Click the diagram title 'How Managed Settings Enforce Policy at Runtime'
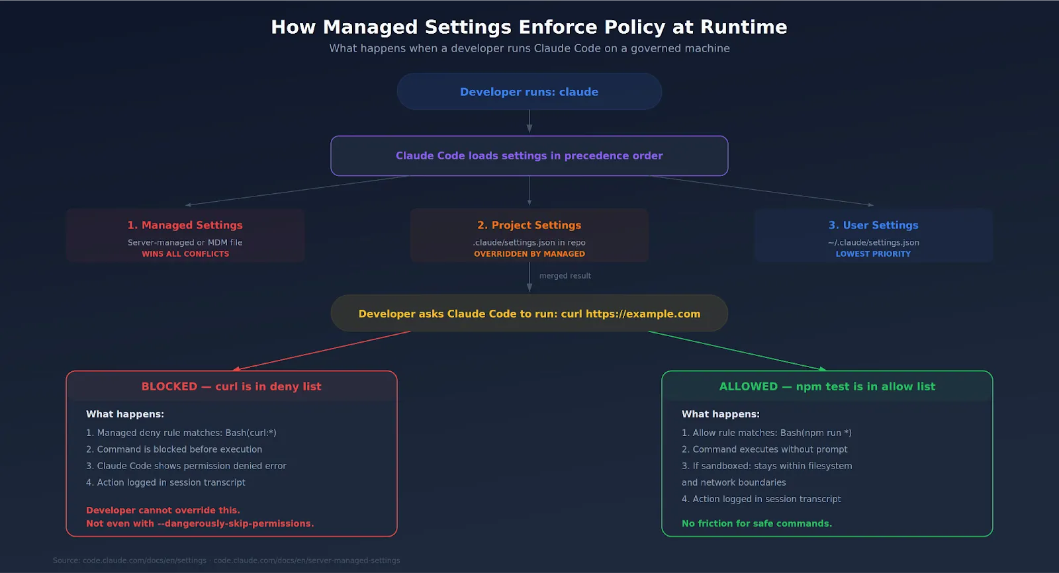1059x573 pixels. pos(529,27)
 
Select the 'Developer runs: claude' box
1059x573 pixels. pos(529,92)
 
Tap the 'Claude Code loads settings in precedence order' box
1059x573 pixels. pos(529,156)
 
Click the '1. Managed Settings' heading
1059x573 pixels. pos(185,226)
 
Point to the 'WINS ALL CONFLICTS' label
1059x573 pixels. pos(185,254)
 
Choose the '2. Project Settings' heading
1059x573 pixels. pos(529,226)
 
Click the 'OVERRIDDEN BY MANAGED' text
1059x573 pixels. pos(529,254)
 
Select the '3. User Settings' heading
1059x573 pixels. pos(873,226)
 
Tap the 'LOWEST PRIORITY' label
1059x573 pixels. pos(873,254)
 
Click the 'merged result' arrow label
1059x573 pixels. pos(565,276)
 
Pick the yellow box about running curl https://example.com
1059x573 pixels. pos(529,314)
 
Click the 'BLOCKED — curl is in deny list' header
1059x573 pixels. pos(231,386)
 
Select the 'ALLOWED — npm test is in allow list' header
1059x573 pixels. pos(827,386)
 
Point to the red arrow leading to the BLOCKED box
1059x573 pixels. pos(322,351)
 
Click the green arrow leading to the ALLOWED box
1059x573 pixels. pos(737,351)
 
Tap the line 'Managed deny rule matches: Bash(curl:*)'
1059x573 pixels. pos(181,433)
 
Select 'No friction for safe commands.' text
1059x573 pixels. pos(757,523)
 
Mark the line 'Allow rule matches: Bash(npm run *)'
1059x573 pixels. pos(766,433)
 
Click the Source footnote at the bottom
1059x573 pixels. pos(226,560)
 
